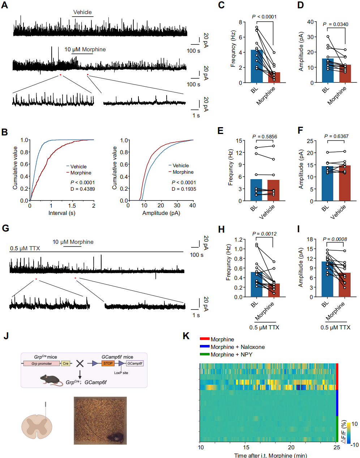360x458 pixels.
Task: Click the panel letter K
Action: [186, 336]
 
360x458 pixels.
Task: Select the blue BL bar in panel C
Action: [257, 67]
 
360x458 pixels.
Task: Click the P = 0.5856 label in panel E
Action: [265, 137]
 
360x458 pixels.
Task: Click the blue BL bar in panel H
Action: [257, 285]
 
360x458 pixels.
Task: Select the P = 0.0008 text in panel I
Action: [335, 239]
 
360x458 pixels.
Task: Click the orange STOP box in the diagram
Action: [108, 363]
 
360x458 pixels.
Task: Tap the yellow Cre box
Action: [65, 363]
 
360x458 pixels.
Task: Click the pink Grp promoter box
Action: [42, 363]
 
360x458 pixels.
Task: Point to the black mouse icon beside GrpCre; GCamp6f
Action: [50, 380]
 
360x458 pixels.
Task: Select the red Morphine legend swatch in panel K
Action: [205, 339]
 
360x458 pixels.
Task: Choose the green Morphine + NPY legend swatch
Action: [205, 354]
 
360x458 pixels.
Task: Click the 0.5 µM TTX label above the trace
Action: [25, 249]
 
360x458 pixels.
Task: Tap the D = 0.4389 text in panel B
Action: [82, 189]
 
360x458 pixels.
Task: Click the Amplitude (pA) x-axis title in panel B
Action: [161, 213]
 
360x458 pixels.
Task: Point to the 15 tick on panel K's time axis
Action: [246, 447]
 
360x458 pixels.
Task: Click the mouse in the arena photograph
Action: [116, 438]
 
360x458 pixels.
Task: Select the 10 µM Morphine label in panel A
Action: [85, 49]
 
